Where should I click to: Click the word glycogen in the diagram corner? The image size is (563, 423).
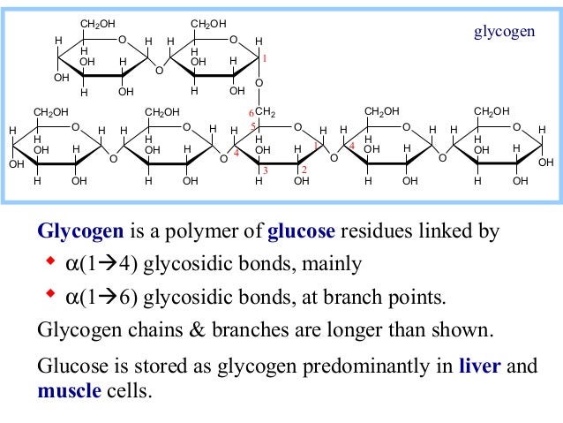click(x=504, y=32)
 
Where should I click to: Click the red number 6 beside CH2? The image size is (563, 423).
click(x=251, y=113)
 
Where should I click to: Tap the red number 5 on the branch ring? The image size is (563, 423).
click(x=252, y=128)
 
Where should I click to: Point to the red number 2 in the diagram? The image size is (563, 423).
click(x=303, y=169)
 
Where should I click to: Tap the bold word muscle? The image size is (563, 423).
click(x=68, y=389)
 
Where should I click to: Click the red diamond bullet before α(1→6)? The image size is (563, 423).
click(x=49, y=291)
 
